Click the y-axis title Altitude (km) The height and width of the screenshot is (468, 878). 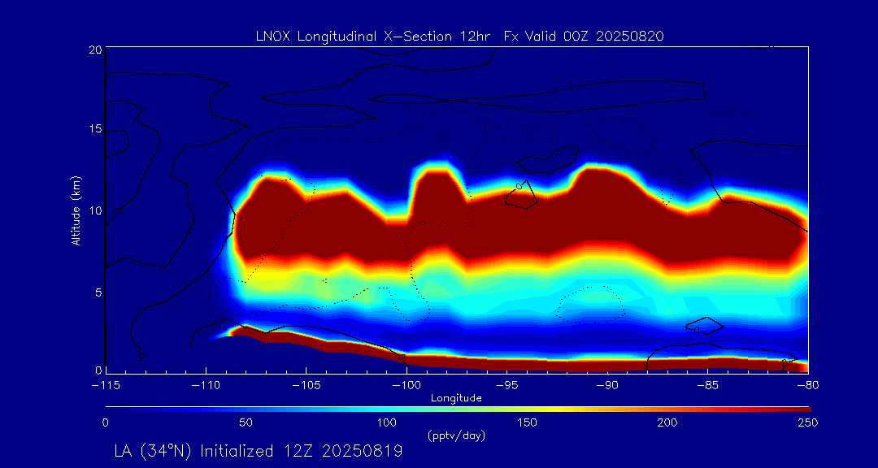click(76, 210)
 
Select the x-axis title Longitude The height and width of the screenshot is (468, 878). click(457, 398)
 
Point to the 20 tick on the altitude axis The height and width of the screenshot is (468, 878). click(94, 50)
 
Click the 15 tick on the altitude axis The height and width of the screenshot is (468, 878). click(94, 129)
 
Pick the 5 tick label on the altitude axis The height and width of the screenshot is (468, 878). click(98, 291)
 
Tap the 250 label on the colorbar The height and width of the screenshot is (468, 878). click(807, 422)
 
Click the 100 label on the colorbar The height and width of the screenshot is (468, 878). click(386, 422)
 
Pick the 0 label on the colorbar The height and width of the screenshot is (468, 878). click(106, 422)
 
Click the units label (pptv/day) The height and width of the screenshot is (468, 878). click(456, 436)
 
